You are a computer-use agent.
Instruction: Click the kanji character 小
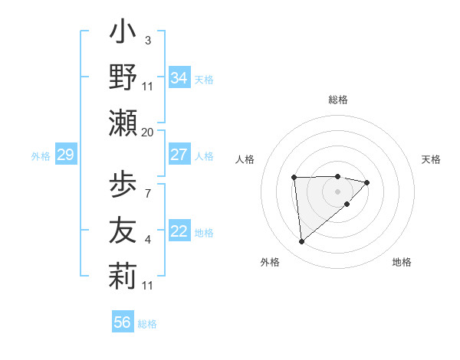(x=123, y=34)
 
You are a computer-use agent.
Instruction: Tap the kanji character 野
(x=123, y=77)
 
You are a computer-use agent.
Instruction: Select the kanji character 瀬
(x=123, y=122)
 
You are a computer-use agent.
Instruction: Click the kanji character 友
(x=123, y=231)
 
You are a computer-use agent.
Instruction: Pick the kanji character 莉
(x=123, y=277)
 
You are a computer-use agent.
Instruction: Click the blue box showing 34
(x=179, y=78)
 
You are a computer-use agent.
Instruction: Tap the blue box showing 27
(x=179, y=155)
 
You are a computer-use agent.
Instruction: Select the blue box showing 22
(x=179, y=231)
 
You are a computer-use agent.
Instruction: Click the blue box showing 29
(x=65, y=155)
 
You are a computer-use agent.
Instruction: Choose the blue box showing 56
(x=123, y=322)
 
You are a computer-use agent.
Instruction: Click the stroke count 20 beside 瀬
(x=148, y=132)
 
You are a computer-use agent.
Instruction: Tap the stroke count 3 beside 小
(x=147, y=40)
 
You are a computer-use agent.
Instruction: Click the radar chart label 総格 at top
(x=337, y=100)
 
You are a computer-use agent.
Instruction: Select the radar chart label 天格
(x=431, y=159)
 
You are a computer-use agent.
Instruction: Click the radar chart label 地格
(x=402, y=262)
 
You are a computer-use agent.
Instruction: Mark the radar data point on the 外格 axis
(x=301, y=242)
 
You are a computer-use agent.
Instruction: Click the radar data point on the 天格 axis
(x=367, y=182)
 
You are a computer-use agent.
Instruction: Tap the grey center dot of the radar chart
(x=337, y=191)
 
